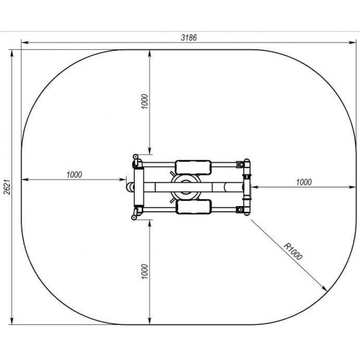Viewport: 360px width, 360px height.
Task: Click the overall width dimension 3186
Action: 189,37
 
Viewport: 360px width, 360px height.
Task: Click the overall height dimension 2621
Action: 7,187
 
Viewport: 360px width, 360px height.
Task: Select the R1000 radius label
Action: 293,252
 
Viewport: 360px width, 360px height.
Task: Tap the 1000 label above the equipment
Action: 144,101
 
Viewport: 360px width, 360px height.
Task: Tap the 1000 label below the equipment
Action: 144,272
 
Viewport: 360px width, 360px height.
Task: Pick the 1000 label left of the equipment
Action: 74,175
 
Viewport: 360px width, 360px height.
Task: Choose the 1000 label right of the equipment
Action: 304,182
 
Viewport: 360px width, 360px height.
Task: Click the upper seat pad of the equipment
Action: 193,167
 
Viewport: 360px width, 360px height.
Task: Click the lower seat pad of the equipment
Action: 193,207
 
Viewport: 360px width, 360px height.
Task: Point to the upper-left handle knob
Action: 135,157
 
